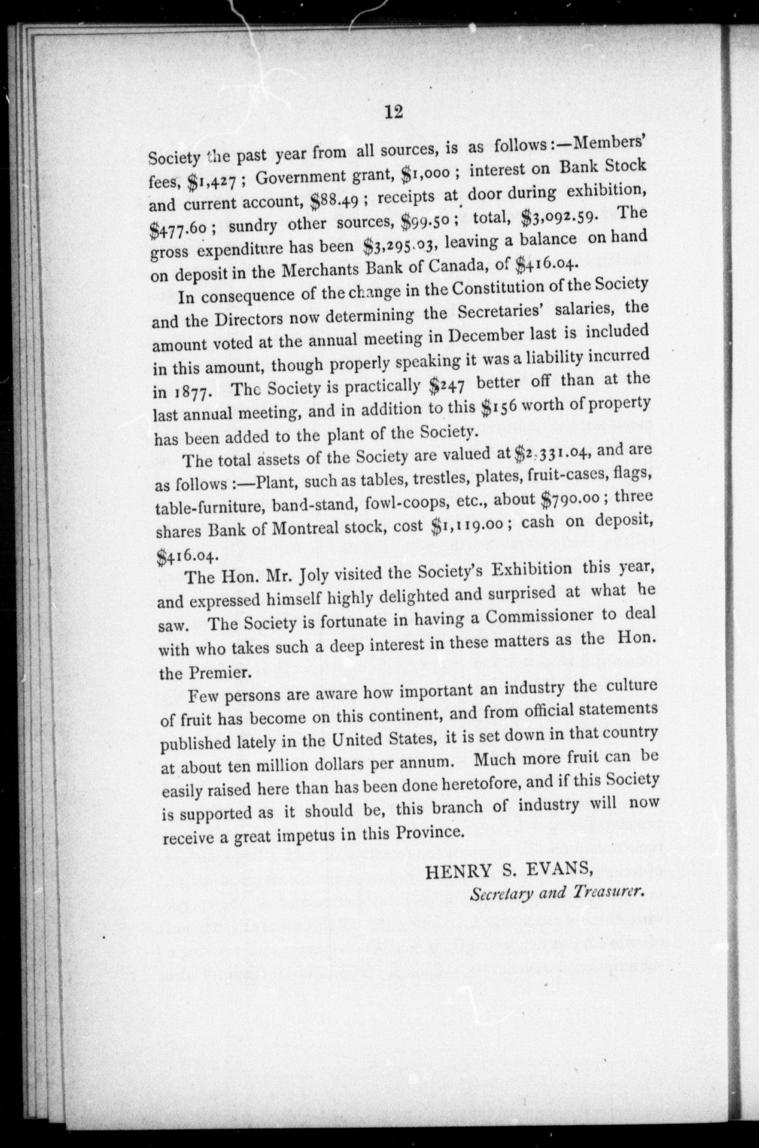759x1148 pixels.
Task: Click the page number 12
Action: (393, 112)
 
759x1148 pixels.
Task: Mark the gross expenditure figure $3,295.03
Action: (401, 246)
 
